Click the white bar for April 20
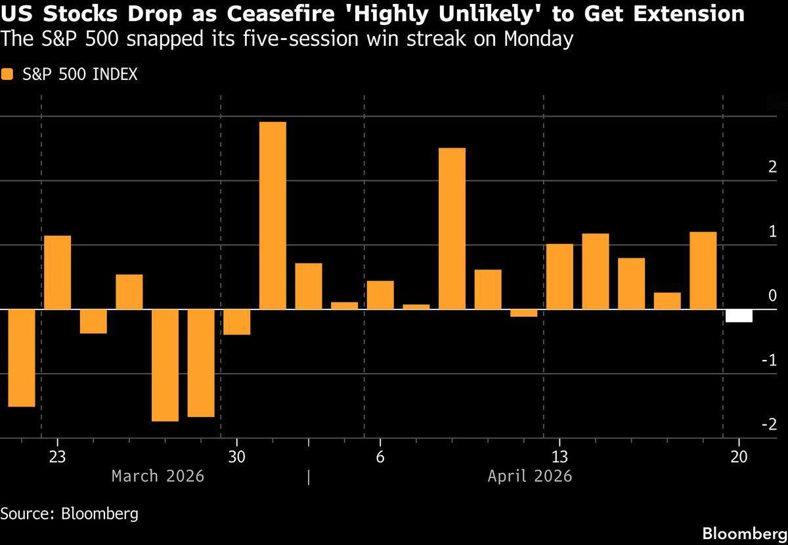(739, 315)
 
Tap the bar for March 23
(57, 272)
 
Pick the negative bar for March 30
(236, 321)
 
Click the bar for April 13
(559, 276)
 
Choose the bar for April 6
(380, 294)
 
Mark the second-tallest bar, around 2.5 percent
(452, 228)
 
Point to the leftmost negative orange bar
(21, 357)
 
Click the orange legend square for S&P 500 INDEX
(7, 75)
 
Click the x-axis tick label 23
(57, 456)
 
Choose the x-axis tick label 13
(559, 456)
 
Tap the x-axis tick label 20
(739, 456)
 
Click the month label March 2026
(158, 476)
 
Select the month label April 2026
(529, 476)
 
